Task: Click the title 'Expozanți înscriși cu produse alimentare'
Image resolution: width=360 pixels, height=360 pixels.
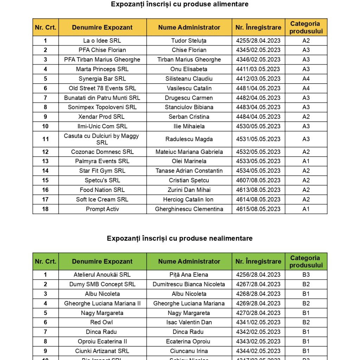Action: [180, 4]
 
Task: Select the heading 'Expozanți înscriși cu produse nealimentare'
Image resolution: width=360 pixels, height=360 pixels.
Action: [180, 238]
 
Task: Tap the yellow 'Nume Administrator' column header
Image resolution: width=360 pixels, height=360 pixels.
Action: [189, 27]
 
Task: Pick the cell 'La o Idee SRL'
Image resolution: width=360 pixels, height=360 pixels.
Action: [102, 41]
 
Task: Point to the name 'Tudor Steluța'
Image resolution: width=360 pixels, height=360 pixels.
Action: [189, 41]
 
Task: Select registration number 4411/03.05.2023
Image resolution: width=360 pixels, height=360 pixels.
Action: [258, 69]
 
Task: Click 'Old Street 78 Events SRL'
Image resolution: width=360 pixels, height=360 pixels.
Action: [102, 88]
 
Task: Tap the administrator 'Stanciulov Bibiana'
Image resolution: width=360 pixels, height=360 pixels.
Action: [189, 107]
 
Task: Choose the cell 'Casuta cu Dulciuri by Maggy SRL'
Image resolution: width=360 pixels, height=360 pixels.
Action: [102, 139]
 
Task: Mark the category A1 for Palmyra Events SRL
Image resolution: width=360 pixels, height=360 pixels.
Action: [306, 161]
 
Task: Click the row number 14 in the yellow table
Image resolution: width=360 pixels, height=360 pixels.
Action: [45, 171]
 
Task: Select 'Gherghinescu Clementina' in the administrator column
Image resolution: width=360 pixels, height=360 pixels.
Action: [189, 209]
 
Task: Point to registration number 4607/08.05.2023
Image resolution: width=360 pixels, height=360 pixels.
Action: [258, 180]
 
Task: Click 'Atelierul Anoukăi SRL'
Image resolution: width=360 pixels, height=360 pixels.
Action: [102, 275]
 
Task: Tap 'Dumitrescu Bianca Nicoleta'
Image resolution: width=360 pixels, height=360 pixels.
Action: [189, 284]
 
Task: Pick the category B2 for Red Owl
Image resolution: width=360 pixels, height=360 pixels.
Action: [306, 322]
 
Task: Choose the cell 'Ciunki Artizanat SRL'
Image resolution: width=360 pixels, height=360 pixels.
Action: [102, 351]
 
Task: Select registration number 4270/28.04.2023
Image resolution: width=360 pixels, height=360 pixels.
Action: [258, 313]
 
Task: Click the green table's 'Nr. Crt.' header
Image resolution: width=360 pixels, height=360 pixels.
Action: [45, 262]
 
